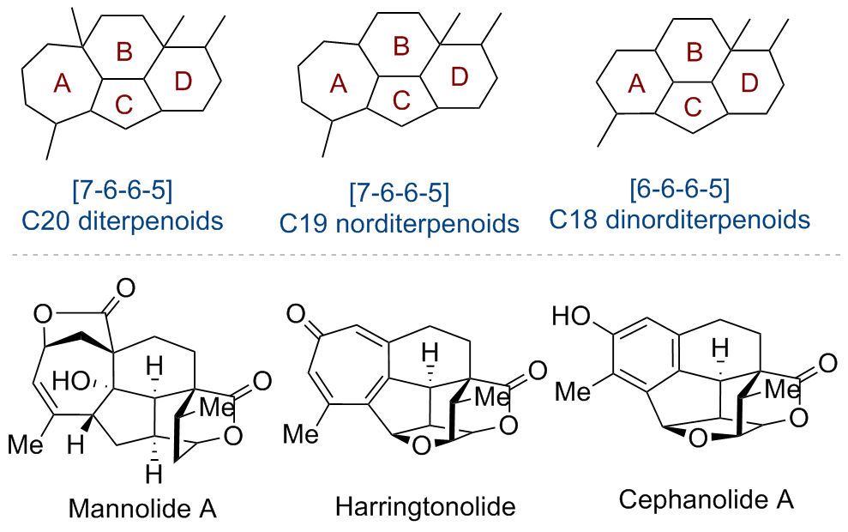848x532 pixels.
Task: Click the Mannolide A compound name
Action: pyautogui.click(x=143, y=508)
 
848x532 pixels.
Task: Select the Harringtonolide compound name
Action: pyautogui.click(x=425, y=507)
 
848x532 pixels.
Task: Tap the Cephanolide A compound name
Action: pyautogui.click(x=707, y=499)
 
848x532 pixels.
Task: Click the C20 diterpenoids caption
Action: pyautogui.click(x=123, y=221)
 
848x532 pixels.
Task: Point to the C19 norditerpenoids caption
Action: pyautogui.click(x=399, y=223)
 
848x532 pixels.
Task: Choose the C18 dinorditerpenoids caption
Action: pyautogui.click(x=679, y=220)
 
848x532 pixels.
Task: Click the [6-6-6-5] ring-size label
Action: pyautogui.click(x=680, y=188)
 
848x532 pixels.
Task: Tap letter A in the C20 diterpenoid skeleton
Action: pyautogui.click(x=63, y=84)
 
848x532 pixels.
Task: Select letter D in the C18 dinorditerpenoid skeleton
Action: pyautogui.click(x=749, y=83)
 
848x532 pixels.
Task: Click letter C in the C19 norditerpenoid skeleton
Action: pyautogui.click(x=401, y=100)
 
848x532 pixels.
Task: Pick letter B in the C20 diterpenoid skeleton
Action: pyautogui.click(x=124, y=52)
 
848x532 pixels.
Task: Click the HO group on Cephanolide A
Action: pyautogui.click(x=571, y=317)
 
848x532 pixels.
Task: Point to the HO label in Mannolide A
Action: pyautogui.click(x=71, y=382)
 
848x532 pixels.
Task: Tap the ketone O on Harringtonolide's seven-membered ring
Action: pyautogui.click(x=296, y=314)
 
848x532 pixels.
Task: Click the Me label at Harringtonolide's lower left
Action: pyautogui.click(x=301, y=433)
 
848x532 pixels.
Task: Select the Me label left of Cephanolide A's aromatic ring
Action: pyautogui.click(x=574, y=390)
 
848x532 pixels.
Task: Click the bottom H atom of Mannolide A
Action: pyautogui.click(x=153, y=475)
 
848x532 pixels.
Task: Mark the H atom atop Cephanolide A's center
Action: pyautogui.click(x=720, y=348)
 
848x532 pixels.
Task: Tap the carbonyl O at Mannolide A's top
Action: pyautogui.click(x=125, y=288)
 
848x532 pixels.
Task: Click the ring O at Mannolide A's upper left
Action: pyautogui.click(x=43, y=314)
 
